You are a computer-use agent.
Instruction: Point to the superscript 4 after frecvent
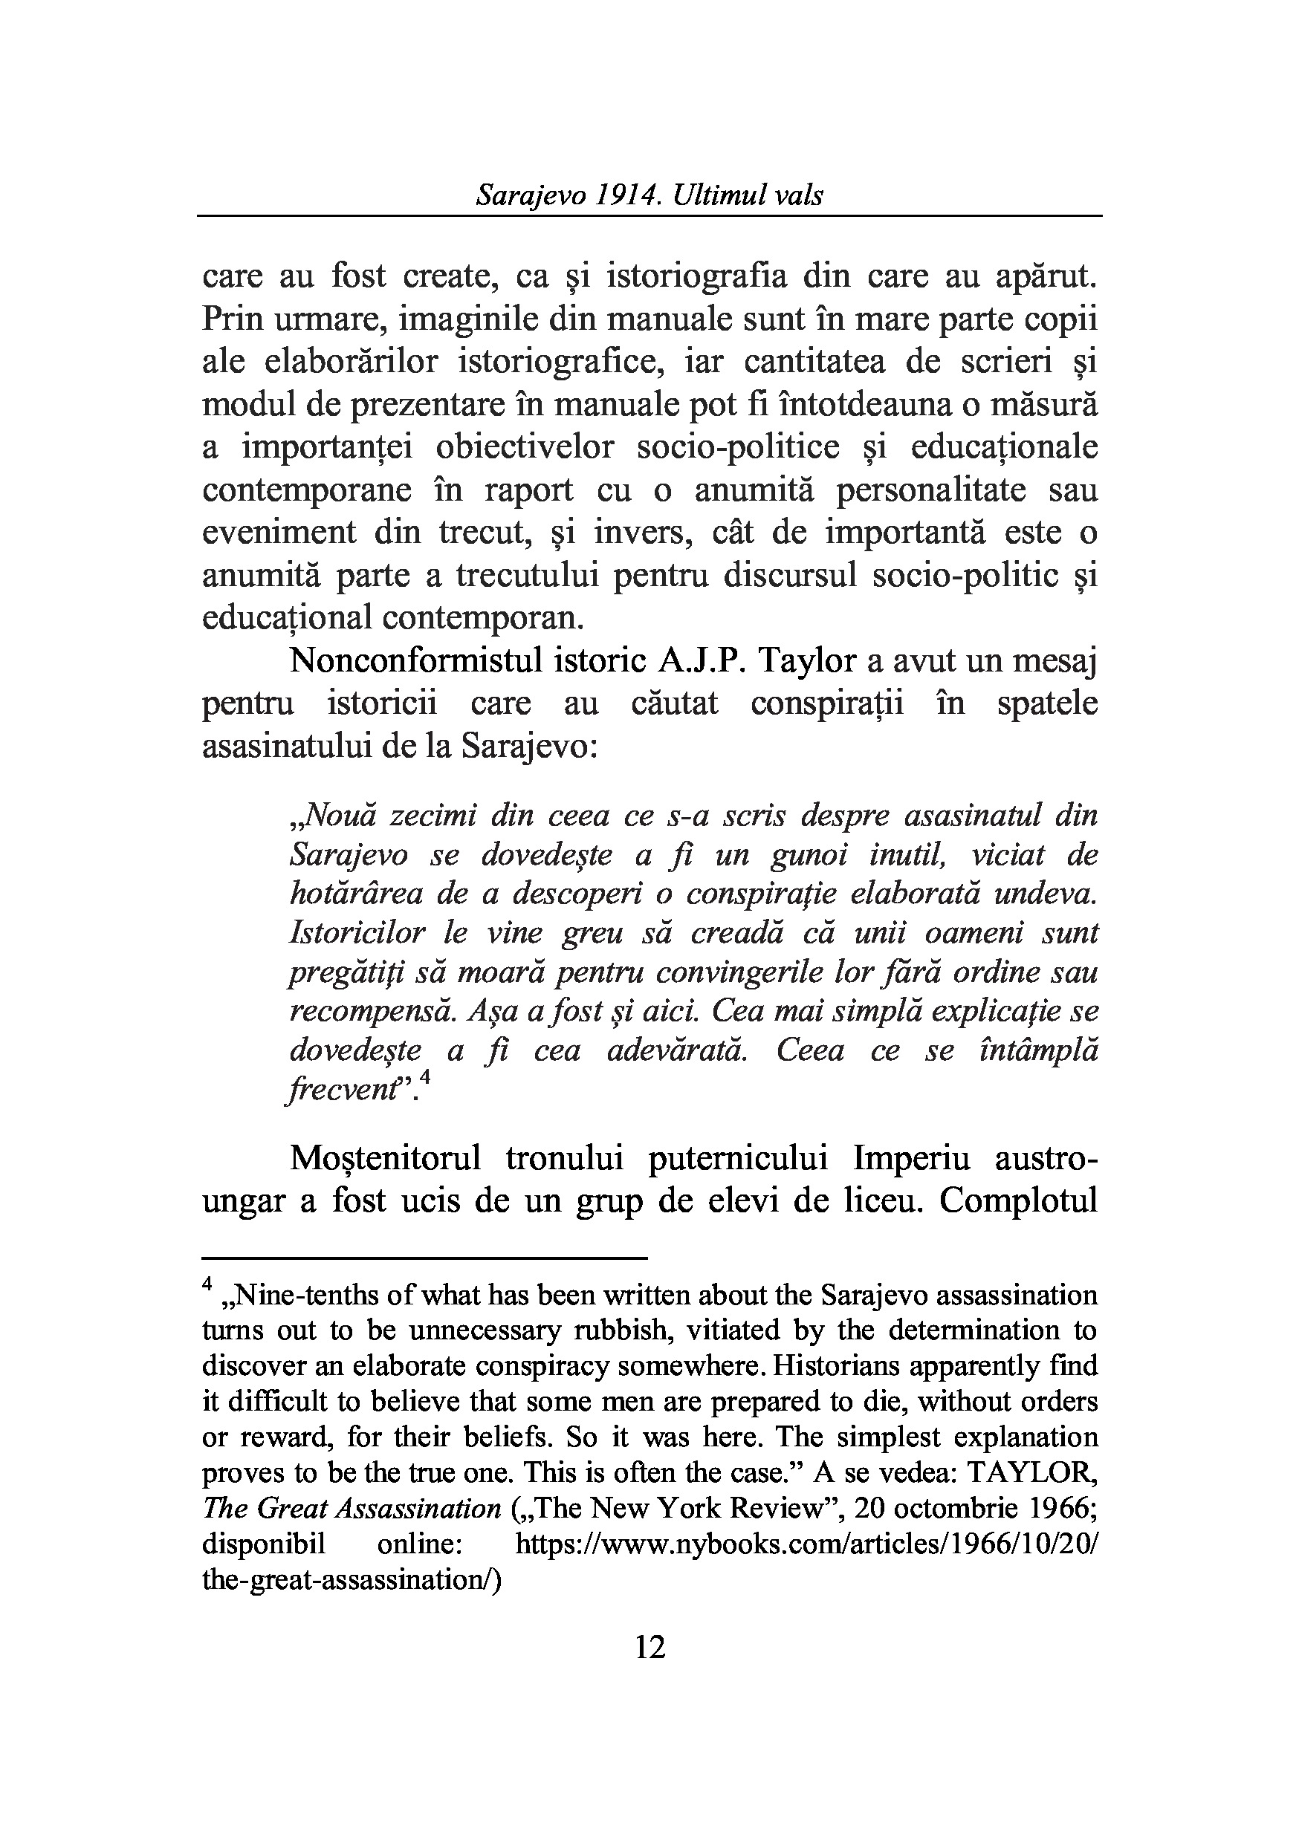tap(426, 1080)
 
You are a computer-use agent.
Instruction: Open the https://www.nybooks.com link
tap(806, 1544)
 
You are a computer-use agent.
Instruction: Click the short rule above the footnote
tap(425, 1258)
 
